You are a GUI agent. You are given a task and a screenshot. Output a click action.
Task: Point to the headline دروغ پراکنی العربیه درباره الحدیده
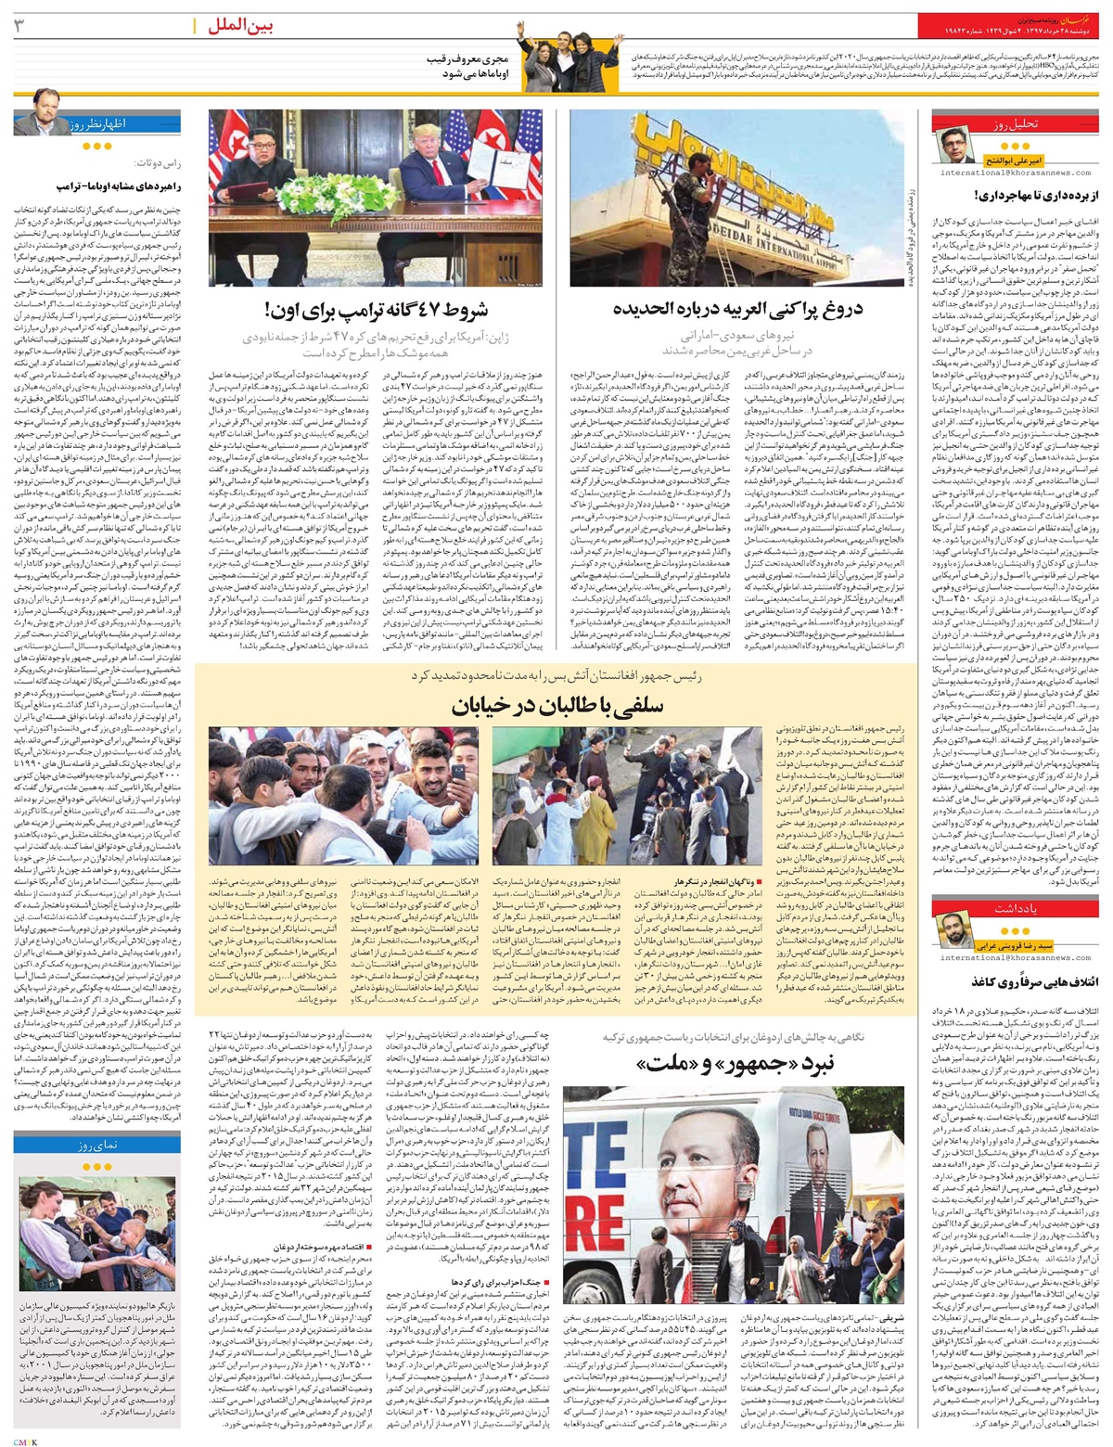click(739, 309)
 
